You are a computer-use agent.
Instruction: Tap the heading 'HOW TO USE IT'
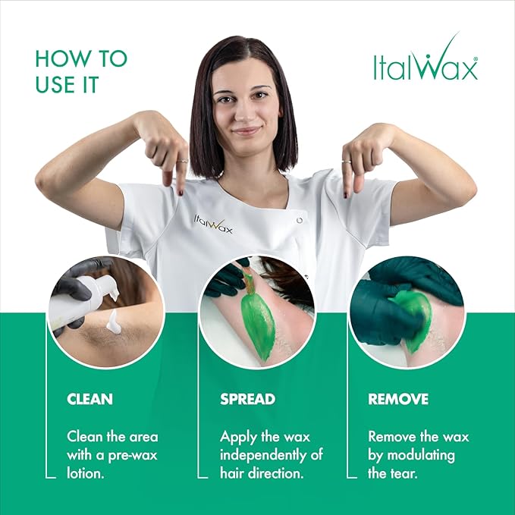[81, 71]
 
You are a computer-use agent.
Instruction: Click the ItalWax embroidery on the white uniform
[212, 224]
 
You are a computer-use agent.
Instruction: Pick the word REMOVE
[398, 399]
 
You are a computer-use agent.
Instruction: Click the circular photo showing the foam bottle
[105, 311]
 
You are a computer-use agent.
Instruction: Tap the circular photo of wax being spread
[256, 311]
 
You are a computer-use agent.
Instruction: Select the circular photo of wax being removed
[407, 311]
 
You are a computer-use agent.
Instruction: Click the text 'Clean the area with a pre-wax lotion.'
[112, 454]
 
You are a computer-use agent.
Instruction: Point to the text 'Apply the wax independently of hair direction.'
[271, 454]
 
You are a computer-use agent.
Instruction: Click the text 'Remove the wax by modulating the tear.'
[418, 454]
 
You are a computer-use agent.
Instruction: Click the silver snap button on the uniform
[300, 220]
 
